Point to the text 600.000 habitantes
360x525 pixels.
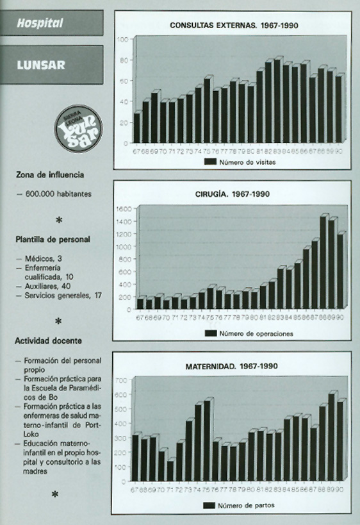point(58,192)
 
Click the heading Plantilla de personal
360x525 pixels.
point(53,240)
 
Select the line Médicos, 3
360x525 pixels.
point(45,258)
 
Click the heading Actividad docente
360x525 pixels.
point(49,340)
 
